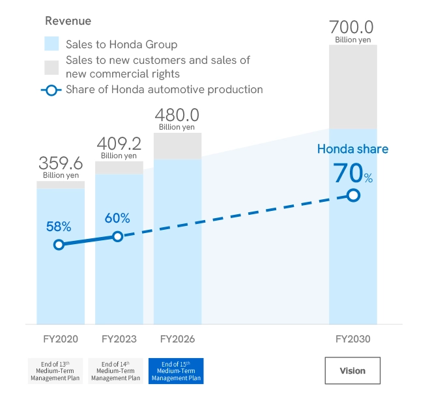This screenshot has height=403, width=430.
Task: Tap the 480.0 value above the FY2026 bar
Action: pyautogui.click(x=177, y=115)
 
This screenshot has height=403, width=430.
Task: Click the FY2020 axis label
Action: pyautogui.click(x=60, y=339)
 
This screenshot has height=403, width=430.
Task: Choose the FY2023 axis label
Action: pyautogui.click(x=119, y=339)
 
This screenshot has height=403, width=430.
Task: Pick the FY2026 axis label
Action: pyautogui.click(x=177, y=339)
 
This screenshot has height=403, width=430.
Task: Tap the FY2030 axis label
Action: pyautogui.click(x=353, y=339)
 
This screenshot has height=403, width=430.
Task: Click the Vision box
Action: pyautogui.click(x=352, y=370)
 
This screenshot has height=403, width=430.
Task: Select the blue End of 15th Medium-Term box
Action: pyautogui.click(x=176, y=370)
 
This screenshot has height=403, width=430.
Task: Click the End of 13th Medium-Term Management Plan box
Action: pyautogui.click(x=55, y=370)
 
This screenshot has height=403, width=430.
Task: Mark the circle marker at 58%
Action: pyautogui.click(x=59, y=245)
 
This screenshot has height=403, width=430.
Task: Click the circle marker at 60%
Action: pyautogui.click(x=118, y=236)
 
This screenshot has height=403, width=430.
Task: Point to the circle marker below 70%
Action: pyautogui.click(x=353, y=195)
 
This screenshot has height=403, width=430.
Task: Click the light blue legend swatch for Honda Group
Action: pyautogui.click(x=52, y=44)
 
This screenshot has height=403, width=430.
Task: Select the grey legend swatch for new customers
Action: pyautogui.click(x=52, y=66)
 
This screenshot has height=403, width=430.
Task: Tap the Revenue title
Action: pyautogui.click(x=68, y=21)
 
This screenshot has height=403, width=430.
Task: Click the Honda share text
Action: pyautogui.click(x=352, y=149)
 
